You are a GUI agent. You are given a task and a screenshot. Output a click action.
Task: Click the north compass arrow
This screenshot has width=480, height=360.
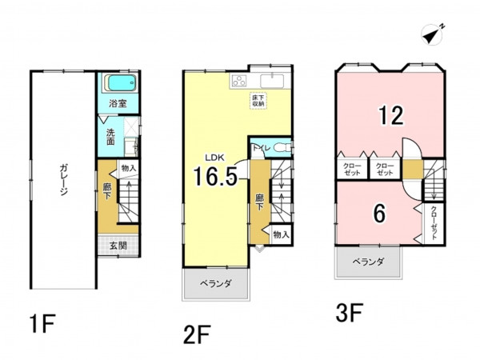pos(433,34)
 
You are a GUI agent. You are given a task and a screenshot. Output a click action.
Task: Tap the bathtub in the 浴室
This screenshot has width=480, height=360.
pos(119,82)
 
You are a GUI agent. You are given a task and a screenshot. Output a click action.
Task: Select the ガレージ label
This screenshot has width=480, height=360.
pos(64,180)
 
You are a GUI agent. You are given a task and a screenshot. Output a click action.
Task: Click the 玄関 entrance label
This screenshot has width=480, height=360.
pos(118,246)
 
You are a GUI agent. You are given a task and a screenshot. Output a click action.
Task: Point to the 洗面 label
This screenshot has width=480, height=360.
pos(110,137)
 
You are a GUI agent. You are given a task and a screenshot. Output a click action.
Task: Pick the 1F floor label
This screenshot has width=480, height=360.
pos(42,323)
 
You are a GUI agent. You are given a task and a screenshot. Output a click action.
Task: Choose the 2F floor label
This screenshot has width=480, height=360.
pos(197,334)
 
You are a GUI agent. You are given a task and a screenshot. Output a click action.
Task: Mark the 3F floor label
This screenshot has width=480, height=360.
pos(350,312)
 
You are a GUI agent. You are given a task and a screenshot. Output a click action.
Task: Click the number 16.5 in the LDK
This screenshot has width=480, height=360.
pos(215,176)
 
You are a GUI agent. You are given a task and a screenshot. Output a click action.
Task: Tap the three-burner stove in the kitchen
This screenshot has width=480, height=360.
pos(239,81)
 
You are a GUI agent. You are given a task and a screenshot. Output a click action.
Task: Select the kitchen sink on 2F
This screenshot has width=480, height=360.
pos(272,82)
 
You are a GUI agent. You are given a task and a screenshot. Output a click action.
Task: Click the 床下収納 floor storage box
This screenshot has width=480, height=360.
pos(258,101)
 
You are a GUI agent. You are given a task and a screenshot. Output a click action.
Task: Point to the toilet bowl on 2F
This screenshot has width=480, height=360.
pos(281,148)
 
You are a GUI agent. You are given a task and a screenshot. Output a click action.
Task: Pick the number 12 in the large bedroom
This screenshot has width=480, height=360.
pos(391,115)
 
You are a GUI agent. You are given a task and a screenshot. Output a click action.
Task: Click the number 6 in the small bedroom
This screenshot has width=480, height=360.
pos(379,214)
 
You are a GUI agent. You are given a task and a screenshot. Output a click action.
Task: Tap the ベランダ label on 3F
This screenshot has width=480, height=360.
pos(368,262)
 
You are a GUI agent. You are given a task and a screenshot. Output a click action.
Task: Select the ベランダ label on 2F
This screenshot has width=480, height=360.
pos(215,284)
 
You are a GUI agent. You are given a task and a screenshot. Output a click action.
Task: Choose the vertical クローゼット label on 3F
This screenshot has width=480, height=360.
pos(434,223)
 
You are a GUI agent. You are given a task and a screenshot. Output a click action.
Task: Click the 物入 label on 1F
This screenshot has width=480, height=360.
pos(129,168)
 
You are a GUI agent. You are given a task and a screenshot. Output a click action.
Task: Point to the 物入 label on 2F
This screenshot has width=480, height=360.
pos(281,234)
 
